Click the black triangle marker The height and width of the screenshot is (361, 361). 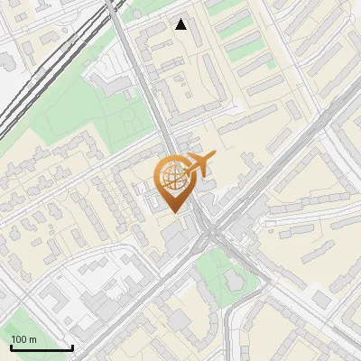tap(181, 24)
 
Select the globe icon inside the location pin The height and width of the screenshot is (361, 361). tap(172, 178)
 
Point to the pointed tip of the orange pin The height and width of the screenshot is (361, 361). tap(174, 212)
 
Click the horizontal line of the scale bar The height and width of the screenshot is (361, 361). tap(42, 347)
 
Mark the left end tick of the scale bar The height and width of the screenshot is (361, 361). tap(11, 346)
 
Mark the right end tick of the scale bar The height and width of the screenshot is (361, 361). tap(72, 346)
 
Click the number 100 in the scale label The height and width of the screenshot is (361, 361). tap(19, 338)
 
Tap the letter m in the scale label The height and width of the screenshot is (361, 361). tap(32, 339)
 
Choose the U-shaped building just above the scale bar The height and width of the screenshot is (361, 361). tap(54, 307)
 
